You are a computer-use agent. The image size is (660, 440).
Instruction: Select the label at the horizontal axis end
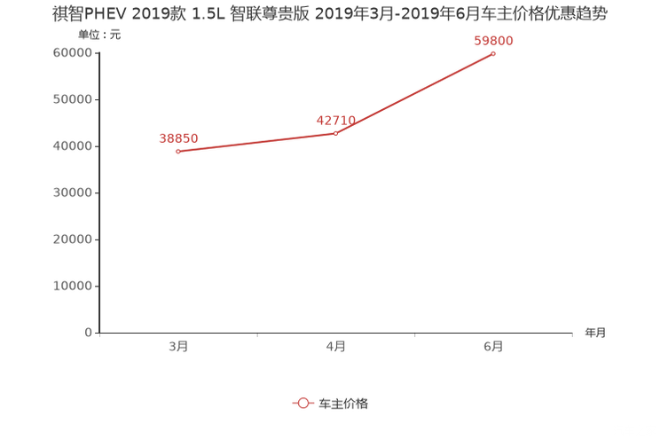(595, 334)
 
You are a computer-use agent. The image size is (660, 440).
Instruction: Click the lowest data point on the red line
(178, 152)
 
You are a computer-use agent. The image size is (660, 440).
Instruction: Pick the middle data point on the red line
(335, 133)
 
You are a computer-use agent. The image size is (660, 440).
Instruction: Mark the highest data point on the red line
(493, 53)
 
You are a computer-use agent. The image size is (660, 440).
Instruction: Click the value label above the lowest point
(178, 138)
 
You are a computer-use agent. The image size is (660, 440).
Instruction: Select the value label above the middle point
(336, 120)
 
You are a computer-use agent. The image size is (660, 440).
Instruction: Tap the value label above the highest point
(493, 40)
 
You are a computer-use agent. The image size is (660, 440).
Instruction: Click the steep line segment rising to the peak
(414, 93)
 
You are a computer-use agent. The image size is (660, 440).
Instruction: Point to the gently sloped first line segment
(257, 143)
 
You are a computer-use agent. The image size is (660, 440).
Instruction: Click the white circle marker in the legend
(303, 403)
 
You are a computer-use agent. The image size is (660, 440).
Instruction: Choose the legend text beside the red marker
(342, 403)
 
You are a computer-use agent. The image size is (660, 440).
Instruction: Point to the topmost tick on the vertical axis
(97, 52)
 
